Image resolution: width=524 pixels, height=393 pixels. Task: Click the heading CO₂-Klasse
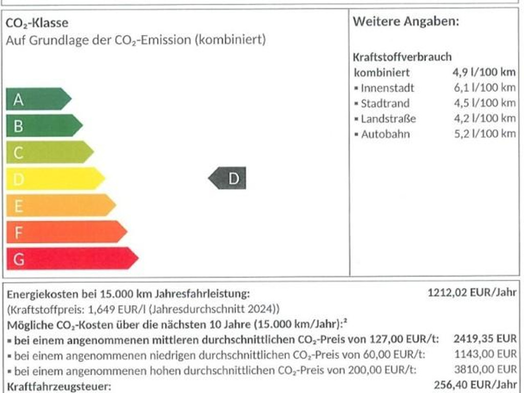pos(37,23)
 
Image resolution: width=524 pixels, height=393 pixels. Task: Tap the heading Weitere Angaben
pos(406,21)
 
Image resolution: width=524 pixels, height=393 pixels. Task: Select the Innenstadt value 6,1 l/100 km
pos(485,88)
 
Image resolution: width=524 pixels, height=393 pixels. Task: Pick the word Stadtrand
pos(385,103)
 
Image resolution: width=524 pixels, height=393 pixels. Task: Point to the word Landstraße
pos(388,119)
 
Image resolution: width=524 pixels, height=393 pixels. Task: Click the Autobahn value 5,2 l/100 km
pos(485,134)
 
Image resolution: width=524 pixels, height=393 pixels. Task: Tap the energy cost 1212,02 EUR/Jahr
pos(472,294)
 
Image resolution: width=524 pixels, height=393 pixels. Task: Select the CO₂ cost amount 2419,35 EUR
pos(485,339)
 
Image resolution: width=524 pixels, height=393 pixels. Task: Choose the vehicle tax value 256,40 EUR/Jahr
pos(475,385)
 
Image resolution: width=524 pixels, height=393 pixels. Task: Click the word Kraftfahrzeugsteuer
pos(59,386)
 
